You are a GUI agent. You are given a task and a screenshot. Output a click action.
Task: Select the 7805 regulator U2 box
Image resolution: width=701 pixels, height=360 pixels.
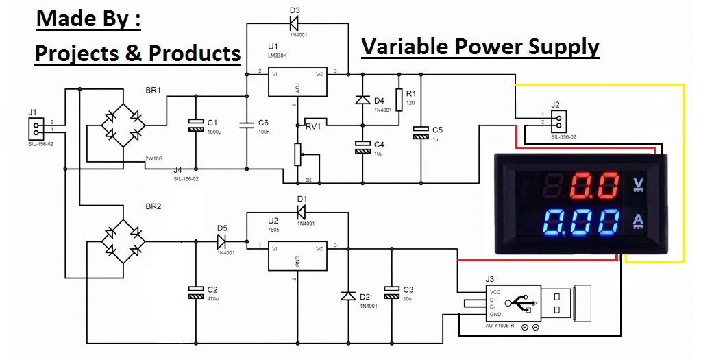coord(297,255)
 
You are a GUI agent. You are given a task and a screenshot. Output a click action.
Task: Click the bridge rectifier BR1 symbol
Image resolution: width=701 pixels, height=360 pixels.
coord(123,125)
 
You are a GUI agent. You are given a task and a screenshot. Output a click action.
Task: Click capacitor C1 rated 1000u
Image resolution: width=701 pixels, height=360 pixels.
coord(196,125)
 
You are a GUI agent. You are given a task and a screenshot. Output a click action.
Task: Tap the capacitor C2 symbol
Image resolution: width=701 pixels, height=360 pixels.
coord(196,292)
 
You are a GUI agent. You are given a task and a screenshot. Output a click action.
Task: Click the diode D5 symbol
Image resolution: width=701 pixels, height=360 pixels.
coord(221,241)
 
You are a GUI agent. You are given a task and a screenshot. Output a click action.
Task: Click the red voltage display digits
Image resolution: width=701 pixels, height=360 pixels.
coord(592,186)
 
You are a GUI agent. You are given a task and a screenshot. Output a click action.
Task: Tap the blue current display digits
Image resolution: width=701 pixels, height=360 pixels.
coord(579,224)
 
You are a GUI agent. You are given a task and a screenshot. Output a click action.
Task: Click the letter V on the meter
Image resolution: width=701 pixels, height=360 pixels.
coord(637,184)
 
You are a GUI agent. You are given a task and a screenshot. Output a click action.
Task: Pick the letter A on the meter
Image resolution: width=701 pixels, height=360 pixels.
coord(637,221)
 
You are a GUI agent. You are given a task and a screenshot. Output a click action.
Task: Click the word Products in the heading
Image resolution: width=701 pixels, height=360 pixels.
coord(194,53)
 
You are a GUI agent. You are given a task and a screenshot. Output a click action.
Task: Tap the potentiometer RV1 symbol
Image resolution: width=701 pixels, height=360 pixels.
coord(297,154)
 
